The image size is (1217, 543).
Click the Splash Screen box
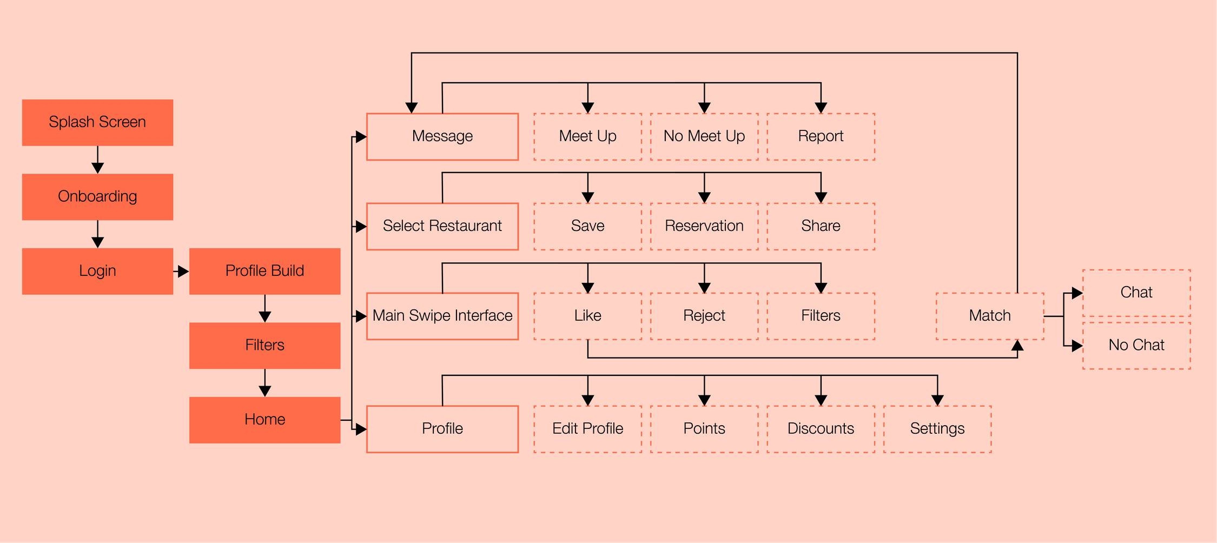tap(97, 122)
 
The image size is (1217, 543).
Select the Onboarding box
tap(97, 197)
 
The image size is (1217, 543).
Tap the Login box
tap(97, 271)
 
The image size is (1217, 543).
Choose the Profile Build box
tap(264, 271)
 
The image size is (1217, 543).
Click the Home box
tap(264, 420)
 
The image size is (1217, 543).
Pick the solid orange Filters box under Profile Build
tap(264, 346)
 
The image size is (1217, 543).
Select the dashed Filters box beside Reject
tap(821, 316)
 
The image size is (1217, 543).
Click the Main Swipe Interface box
tap(442, 316)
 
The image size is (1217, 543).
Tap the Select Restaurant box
tap(442, 226)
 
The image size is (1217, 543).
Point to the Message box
tap(442, 136)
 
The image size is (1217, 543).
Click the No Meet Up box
tap(704, 136)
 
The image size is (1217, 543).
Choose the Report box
tap(821, 136)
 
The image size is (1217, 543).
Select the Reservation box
tap(704, 226)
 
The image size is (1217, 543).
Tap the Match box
tap(989, 316)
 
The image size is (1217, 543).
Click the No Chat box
tap(1136, 346)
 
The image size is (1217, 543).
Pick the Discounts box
tap(821, 429)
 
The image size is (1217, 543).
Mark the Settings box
tap(937, 429)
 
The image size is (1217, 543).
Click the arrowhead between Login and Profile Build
tap(183, 271)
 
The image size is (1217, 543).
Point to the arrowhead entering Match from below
tap(1017, 346)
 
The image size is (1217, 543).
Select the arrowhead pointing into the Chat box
tap(1077, 293)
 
